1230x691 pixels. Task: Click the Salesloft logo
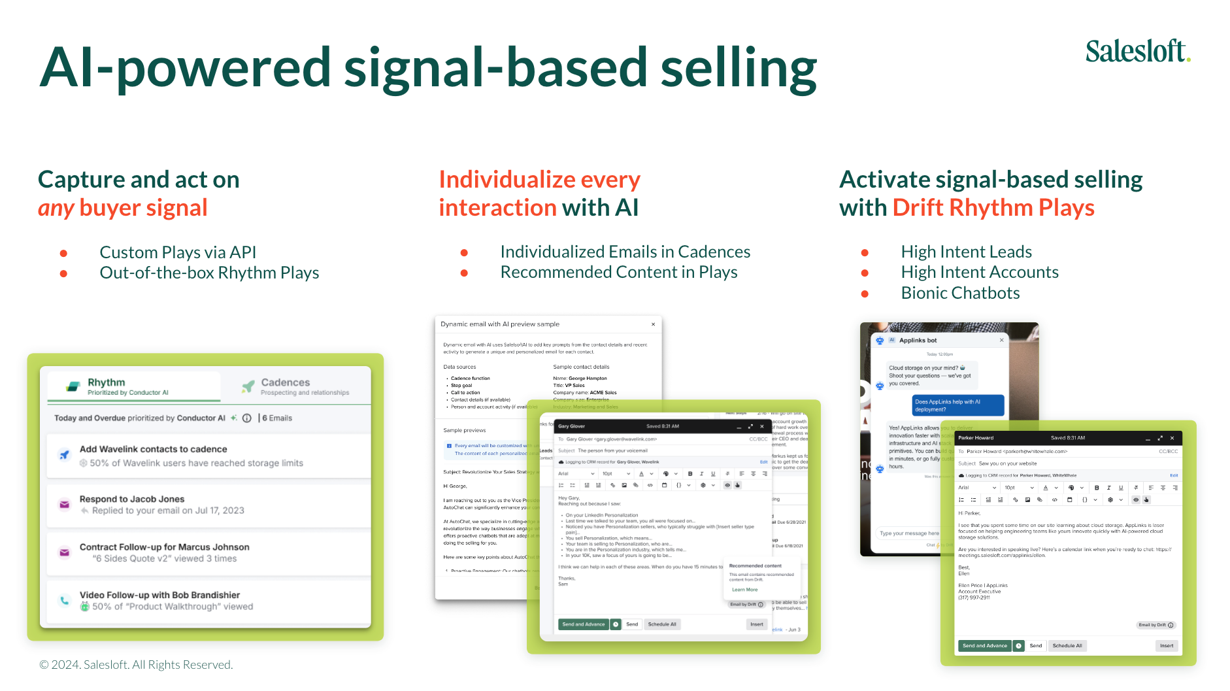coord(1137,51)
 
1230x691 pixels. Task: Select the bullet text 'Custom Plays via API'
coord(178,252)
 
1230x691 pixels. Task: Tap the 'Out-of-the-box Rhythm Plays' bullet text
coord(209,273)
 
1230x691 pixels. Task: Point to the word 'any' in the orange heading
coord(56,208)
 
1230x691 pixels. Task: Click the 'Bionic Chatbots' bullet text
coord(960,293)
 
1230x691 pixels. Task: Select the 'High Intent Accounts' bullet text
coord(979,272)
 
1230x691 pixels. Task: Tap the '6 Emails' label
coord(277,418)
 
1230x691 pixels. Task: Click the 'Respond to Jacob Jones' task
coord(132,499)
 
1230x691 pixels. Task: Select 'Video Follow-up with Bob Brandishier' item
coord(159,595)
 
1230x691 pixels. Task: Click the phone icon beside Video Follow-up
coord(65,600)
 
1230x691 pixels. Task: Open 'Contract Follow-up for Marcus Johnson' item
coord(164,547)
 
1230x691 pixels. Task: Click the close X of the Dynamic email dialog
coord(653,324)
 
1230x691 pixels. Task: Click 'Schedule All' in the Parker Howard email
coord(1067,646)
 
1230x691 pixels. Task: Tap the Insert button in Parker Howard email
coord(1166,646)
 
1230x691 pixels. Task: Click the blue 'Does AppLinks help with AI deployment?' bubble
coord(957,405)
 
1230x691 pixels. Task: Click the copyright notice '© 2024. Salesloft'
coord(136,665)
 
